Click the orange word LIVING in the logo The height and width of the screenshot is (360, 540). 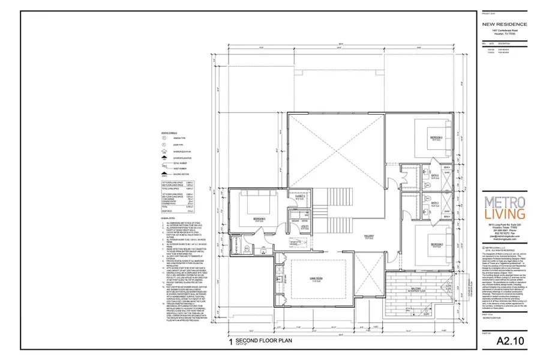pyautogui.click(x=505, y=214)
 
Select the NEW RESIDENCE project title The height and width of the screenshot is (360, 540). pyautogui.click(x=505, y=24)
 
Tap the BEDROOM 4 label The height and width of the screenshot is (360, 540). pyautogui.click(x=436, y=138)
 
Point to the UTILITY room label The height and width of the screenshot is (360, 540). pyautogui.click(x=305, y=226)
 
